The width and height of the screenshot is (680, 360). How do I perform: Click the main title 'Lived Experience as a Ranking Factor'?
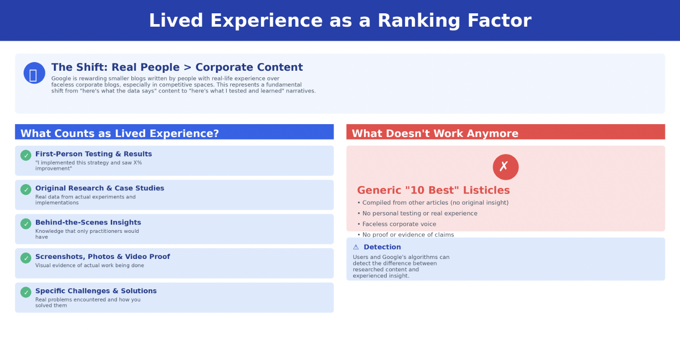pos(339,21)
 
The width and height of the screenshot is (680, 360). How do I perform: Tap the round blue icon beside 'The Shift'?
pos(34,73)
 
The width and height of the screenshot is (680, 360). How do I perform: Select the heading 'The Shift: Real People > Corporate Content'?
pos(177,68)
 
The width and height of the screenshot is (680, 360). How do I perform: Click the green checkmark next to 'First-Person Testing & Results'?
pos(26,155)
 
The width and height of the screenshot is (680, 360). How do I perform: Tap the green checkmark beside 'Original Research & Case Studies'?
pos(26,190)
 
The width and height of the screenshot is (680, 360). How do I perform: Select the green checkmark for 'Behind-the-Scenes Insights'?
pos(26,224)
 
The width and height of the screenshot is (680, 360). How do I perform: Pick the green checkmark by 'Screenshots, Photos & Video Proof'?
pos(26,258)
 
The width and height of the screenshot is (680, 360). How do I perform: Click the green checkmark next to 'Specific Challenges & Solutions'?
pos(26,292)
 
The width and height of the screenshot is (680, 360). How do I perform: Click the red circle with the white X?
pos(505,167)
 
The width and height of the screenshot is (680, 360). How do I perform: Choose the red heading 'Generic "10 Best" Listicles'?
pos(433,191)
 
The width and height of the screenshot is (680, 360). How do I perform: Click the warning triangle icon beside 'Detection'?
pos(356,247)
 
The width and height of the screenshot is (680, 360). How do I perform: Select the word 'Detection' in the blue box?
pos(382,247)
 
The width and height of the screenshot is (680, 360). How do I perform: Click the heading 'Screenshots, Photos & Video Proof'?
pos(103,257)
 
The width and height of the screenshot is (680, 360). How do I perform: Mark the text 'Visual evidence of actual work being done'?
pos(90,266)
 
